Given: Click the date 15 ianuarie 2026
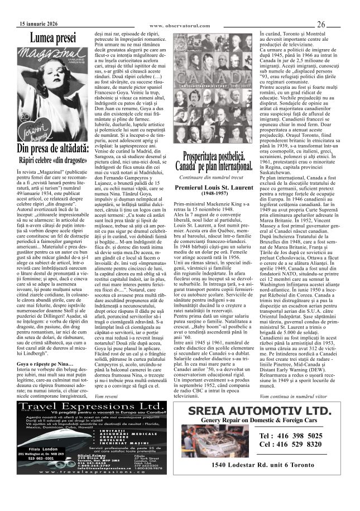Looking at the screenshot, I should point(37,25).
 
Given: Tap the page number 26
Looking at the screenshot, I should point(322,25).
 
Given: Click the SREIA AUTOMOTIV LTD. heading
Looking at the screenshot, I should point(265,412).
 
